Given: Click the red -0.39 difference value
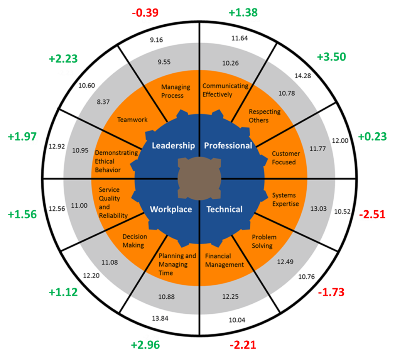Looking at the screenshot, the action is (x=145, y=13).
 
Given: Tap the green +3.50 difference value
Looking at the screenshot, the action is (x=331, y=57).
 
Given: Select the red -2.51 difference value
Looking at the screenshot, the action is (x=372, y=215).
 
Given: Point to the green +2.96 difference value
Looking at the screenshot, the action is (x=145, y=345).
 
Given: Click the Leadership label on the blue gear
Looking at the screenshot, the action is (x=173, y=145).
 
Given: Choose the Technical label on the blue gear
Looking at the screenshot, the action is (x=225, y=210).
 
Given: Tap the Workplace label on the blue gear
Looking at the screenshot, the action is (x=171, y=210).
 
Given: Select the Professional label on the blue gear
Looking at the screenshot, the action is (x=228, y=145).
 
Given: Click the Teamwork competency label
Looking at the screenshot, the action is (x=132, y=120).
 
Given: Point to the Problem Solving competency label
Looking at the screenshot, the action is (x=264, y=241).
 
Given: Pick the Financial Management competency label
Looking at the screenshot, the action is (x=224, y=260).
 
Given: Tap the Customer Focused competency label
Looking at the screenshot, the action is (x=286, y=158).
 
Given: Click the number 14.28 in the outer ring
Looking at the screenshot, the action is (x=303, y=76).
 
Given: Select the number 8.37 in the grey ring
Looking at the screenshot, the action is (x=103, y=102).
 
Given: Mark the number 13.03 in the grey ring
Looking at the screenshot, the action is (x=318, y=209).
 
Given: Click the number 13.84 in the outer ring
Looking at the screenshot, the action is (x=160, y=318).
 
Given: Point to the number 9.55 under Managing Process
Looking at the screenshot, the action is (x=164, y=62).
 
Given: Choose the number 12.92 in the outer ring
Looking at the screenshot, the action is (x=57, y=146).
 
